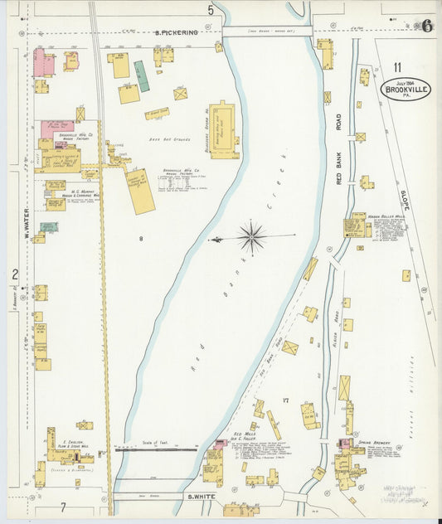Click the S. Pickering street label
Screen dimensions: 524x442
tap(177, 32)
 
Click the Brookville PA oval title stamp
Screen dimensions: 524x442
tap(406, 89)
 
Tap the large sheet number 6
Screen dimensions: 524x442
tap(426, 25)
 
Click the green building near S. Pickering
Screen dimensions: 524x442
tap(142, 75)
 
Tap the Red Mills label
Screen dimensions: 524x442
tap(245, 434)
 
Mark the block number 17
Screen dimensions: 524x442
tap(284, 400)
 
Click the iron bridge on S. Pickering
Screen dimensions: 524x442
tap(267, 32)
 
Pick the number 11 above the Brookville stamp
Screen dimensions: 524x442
tap(397, 66)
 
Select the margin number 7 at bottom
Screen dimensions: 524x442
tap(61, 506)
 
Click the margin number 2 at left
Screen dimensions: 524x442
tap(14, 274)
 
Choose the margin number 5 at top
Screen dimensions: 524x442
tap(211, 10)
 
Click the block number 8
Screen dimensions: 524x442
tap(141, 239)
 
